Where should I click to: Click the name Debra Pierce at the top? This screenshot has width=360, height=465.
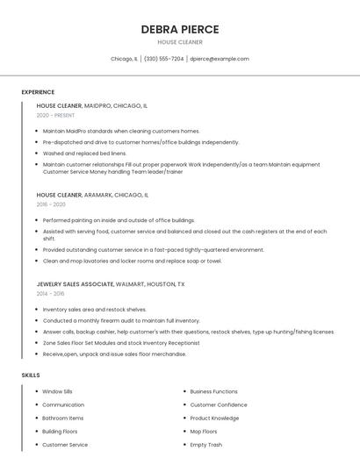tap(180, 29)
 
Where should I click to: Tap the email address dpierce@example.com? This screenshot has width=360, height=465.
tap(220, 59)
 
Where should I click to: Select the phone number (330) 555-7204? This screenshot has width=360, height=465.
tap(163, 59)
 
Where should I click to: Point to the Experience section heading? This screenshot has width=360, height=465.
tap(38, 92)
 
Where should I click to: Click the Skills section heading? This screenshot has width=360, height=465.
tap(31, 375)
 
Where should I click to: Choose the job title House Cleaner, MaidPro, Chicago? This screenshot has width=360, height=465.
tap(91, 105)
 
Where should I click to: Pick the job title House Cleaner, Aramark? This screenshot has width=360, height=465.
tap(92, 195)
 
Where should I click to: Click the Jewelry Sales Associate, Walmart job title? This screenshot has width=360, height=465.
tap(111, 284)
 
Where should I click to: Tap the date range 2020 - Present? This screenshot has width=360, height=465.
tap(55, 115)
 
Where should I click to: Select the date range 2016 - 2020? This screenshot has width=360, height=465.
tap(51, 204)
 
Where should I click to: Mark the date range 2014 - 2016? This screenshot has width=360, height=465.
tap(51, 294)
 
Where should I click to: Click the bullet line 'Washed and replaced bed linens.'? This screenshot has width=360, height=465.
tap(84, 153)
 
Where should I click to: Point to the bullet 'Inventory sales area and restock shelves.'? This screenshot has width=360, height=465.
tap(94, 309)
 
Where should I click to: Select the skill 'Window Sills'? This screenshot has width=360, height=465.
tap(57, 391)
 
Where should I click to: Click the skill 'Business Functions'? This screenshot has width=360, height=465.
tap(213, 391)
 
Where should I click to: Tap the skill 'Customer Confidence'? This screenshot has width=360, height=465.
tap(219, 404)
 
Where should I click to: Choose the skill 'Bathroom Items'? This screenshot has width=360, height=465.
tap(61, 418)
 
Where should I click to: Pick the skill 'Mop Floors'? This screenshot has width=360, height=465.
tap(204, 431)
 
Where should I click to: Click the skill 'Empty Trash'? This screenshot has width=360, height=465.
tap(205, 445)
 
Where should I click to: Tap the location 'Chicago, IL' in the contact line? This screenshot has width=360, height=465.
tap(124, 59)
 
